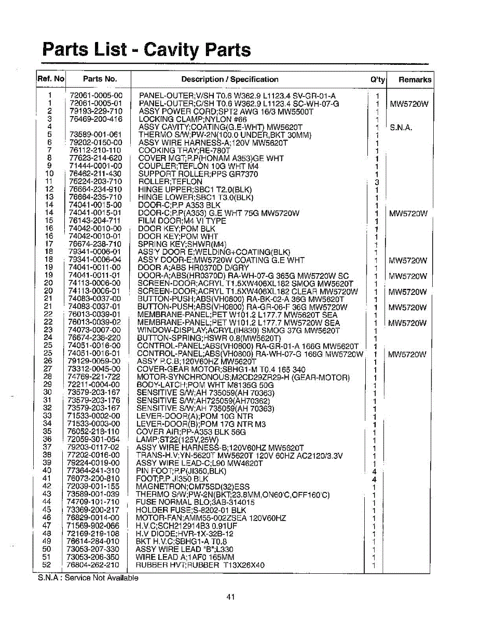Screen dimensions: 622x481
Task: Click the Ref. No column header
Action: [51, 79]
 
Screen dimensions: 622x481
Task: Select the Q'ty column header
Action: [377, 80]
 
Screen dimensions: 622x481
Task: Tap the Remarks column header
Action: [415, 80]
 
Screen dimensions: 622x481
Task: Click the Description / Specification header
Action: [229, 79]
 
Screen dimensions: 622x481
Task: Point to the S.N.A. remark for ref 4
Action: [400, 127]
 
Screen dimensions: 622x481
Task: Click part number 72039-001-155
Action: [93, 487]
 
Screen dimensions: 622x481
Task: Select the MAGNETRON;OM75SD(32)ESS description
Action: [193, 487]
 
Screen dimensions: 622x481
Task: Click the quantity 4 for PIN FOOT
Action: [375, 471]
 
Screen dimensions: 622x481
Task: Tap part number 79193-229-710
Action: [95, 111]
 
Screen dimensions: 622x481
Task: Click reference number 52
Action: [47, 564]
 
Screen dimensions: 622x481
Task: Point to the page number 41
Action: [231, 597]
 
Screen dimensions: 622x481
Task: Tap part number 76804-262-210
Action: [93, 564]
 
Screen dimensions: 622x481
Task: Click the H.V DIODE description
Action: [185, 533]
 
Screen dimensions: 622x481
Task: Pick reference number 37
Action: [47, 447]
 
